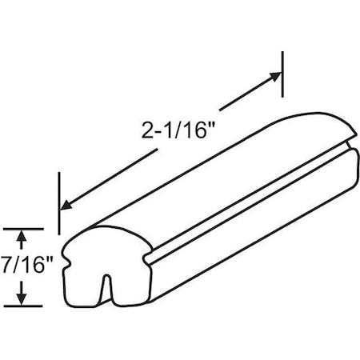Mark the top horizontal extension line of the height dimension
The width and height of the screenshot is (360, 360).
(x=22, y=227)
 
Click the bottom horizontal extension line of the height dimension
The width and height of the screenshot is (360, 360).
(x=22, y=306)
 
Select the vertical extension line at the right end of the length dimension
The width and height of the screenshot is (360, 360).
(x=283, y=72)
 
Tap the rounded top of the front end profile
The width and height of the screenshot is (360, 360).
(x=100, y=232)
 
